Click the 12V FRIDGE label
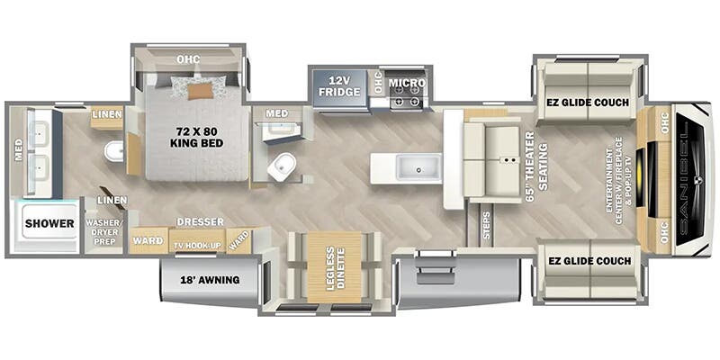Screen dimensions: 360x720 point(338,86)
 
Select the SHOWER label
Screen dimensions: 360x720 point(49,223)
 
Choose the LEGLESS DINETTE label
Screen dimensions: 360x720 point(335,266)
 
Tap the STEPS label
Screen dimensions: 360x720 point(486,224)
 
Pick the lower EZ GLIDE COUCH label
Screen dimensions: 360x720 point(589,262)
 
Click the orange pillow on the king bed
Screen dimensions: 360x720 point(201,91)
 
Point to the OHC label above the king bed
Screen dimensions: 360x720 point(188,59)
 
